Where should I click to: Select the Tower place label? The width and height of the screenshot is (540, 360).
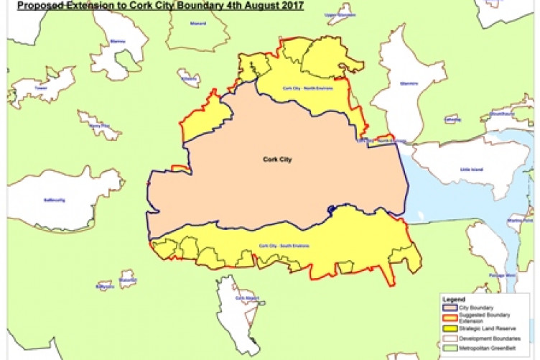point(40,88)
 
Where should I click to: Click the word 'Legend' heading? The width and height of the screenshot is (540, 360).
point(455,299)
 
